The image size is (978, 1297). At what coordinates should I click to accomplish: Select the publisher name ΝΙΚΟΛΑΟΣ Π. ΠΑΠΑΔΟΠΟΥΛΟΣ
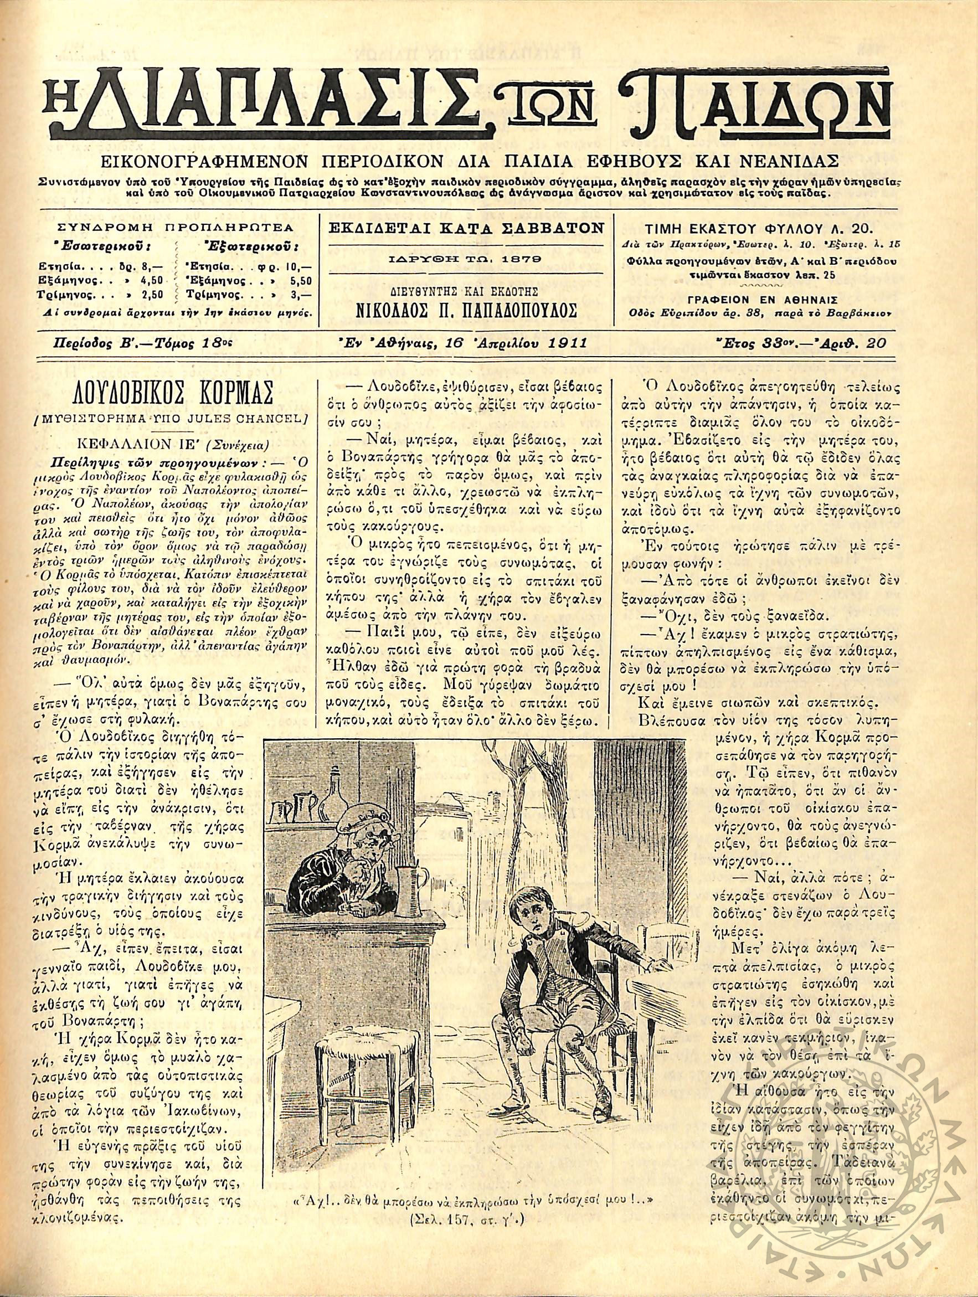tap(467, 311)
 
